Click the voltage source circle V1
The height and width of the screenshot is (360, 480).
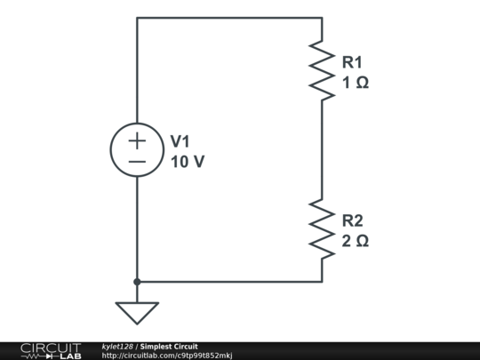[x=137, y=150]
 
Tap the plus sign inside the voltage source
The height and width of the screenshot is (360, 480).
[x=137, y=140]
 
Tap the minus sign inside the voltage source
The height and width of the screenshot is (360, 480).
[x=137, y=161]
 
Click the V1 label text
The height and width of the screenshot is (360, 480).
[x=180, y=141]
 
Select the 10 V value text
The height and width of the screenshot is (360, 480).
[x=188, y=163]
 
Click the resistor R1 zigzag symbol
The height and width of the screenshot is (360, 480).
[x=321, y=70]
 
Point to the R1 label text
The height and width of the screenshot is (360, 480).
[x=352, y=62]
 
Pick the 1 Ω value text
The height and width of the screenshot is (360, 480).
[x=355, y=83]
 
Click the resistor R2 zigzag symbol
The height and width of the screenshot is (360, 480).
[x=321, y=228]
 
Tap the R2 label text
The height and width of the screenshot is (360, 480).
[x=352, y=220]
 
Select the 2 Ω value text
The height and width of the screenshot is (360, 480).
[x=355, y=241]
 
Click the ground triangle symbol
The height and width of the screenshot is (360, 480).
[x=137, y=312]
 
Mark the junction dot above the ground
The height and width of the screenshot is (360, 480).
[x=137, y=282]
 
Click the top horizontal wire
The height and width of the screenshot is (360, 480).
[x=229, y=18]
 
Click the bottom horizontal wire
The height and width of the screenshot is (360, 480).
[x=229, y=282]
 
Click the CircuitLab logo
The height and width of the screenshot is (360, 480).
[x=50, y=350]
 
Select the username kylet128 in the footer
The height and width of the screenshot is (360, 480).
[x=117, y=347]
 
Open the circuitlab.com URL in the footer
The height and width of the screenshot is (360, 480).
[x=167, y=356]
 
